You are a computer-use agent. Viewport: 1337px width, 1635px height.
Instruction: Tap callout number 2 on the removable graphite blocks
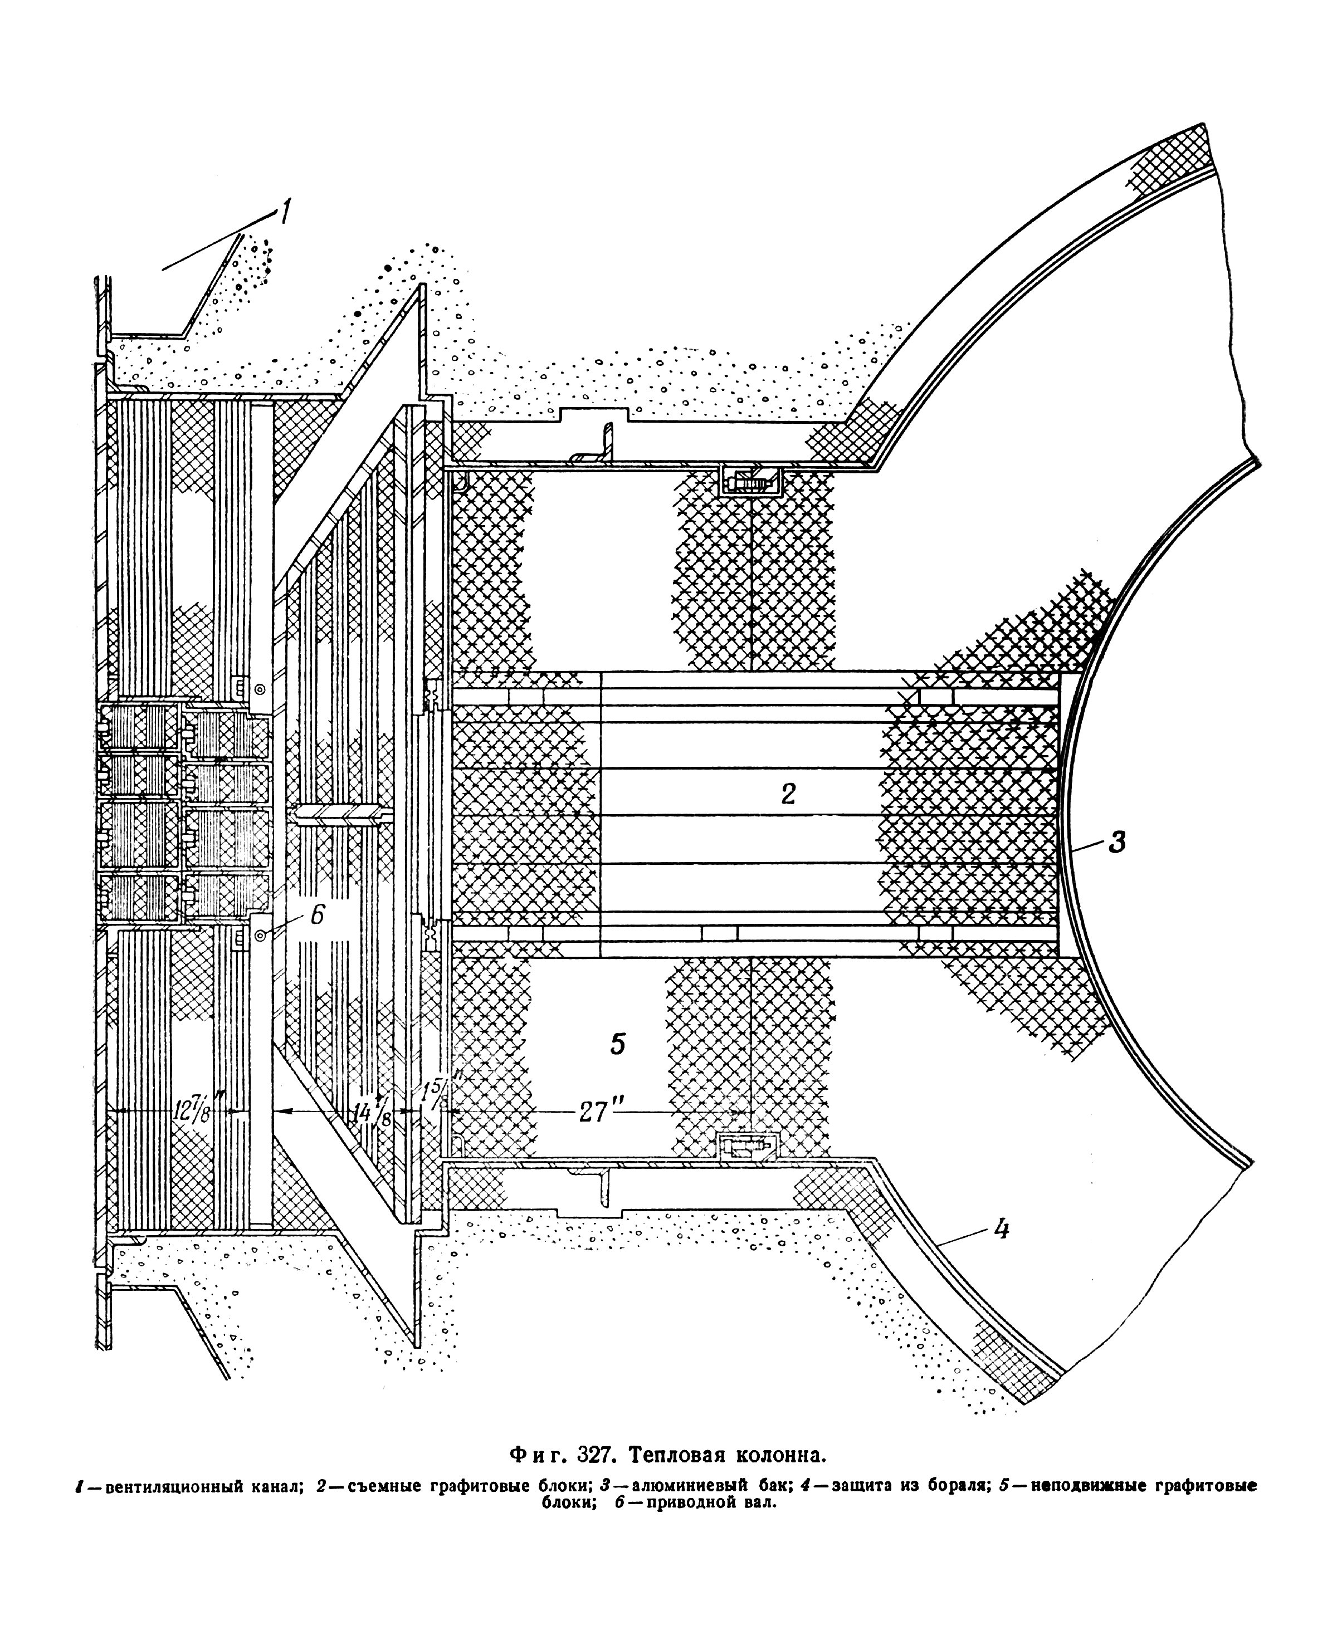pyautogui.click(x=787, y=794)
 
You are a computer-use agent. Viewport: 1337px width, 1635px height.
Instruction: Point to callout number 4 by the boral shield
pyautogui.click(x=999, y=1230)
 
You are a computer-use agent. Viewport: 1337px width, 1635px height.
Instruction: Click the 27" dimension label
pyautogui.click(x=594, y=1112)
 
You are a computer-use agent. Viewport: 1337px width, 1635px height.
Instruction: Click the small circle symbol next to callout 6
pyautogui.click(x=260, y=934)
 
